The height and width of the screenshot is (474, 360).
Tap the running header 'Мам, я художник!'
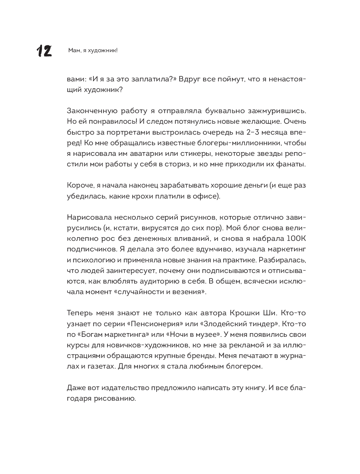click(93, 51)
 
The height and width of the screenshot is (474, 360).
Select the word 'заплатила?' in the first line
click(150, 79)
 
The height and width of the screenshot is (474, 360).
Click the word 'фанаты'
click(291, 164)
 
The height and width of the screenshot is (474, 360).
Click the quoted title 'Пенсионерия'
click(158, 324)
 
